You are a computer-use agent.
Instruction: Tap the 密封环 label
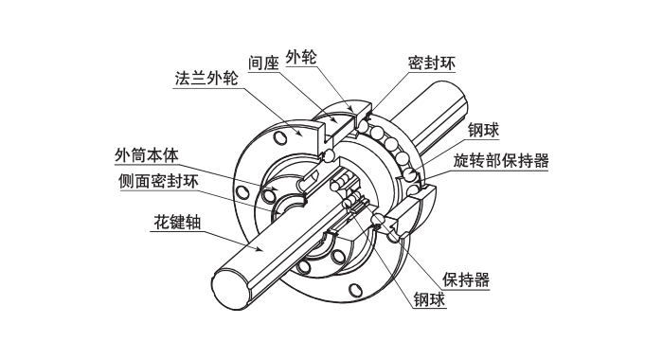tap(428, 64)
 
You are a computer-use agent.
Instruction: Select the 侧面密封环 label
tap(158, 180)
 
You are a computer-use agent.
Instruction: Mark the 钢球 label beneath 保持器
tap(431, 301)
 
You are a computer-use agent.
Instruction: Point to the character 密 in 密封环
tap(414, 64)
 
